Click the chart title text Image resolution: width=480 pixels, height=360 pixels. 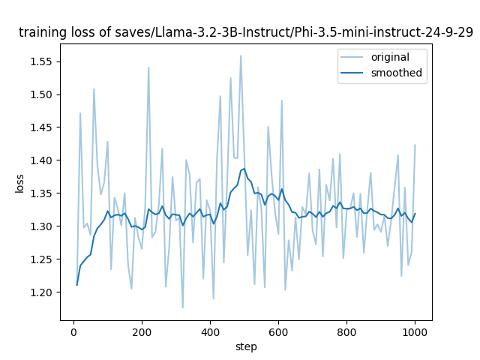coord(245,32)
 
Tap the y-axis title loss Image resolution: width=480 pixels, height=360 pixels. coord(21,181)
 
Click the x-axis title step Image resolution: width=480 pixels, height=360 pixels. coord(246,346)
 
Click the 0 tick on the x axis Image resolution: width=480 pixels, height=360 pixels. coord(73,331)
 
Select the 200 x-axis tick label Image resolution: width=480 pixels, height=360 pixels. coord(142,331)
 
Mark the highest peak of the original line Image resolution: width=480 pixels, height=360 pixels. coord(241,55)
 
